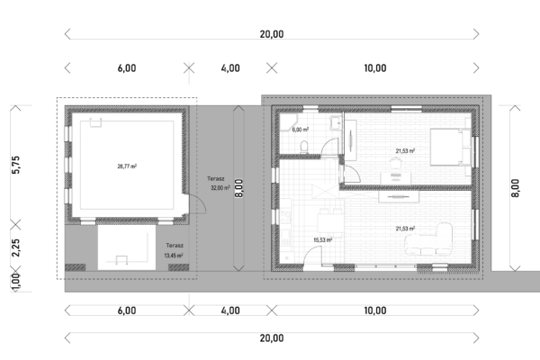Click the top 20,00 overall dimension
(x=272, y=34)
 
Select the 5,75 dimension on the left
(x=16, y=165)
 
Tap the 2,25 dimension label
(x=16, y=247)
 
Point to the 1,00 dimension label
(x=16, y=281)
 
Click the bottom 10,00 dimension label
(x=375, y=310)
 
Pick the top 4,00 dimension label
(x=230, y=67)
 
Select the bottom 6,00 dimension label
(x=127, y=310)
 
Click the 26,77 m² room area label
(x=127, y=166)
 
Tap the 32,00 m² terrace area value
(x=220, y=188)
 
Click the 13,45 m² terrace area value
(x=174, y=256)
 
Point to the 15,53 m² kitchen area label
(x=323, y=239)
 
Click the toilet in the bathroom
(x=304, y=147)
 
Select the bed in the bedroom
(x=451, y=147)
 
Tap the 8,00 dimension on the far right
(x=515, y=188)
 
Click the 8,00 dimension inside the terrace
(x=238, y=188)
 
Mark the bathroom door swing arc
(x=328, y=142)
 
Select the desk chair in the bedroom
(x=395, y=162)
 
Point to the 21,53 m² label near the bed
(x=405, y=151)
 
